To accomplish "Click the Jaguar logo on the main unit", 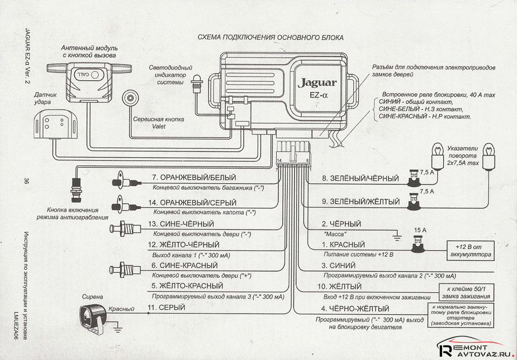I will (x=317, y=83).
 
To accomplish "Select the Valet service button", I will (x=130, y=99).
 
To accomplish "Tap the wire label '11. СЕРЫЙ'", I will (x=167, y=307).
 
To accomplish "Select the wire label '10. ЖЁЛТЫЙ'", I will (x=341, y=286).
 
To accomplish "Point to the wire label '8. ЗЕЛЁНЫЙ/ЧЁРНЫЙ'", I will (x=360, y=178).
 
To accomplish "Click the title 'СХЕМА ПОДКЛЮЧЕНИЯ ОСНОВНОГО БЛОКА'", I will (x=270, y=37).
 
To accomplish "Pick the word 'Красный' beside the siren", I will (x=122, y=309).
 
